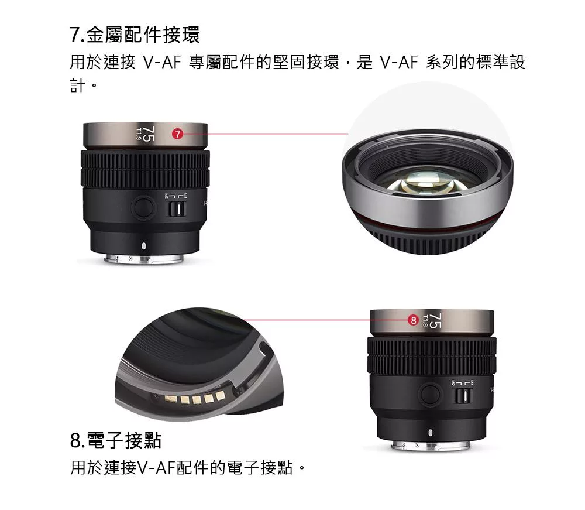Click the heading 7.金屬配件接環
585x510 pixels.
click(x=135, y=35)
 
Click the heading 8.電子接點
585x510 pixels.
click(x=115, y=440)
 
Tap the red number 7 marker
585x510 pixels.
click(x=177, y=135)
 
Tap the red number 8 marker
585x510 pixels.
click(x=414, y=320)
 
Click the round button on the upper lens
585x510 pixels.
click(x=142, y=207)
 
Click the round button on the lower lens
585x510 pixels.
click(x=431, y=393)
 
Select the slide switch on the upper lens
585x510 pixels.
click(x=173, y=210)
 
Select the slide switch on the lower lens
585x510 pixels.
click(x=463, y=396)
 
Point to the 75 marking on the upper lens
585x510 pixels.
click(x=149, y=134)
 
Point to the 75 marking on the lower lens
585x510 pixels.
click(x=436, y=320)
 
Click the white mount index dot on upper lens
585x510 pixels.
click(x=143, y=245)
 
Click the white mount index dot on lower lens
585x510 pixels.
click(x=431, y=433)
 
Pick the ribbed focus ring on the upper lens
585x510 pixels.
click(x=144, y=169)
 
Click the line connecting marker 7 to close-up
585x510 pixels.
click(x=263, y=134)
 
